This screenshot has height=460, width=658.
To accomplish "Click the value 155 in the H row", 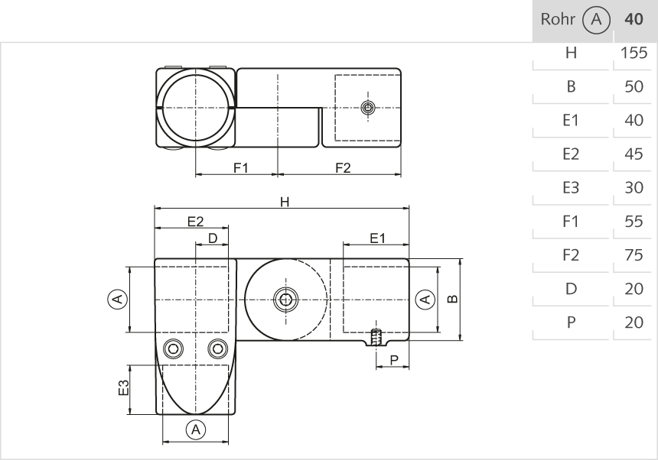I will click(634, 53).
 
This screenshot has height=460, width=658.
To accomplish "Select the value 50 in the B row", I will click(634, 87).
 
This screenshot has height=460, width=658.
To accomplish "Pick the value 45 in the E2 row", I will click(634, 154).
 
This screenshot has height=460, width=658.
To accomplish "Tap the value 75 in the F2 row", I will click(634, 255).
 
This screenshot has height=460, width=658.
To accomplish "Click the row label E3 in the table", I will click(571, 188).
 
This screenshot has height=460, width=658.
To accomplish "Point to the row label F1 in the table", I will click(571, 222).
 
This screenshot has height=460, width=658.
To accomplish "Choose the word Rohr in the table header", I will click(555, 20).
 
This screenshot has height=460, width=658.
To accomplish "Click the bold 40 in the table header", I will click(634, 20).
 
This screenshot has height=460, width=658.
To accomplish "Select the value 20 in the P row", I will click(634, 322).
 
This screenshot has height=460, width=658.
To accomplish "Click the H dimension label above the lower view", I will click(285, 202).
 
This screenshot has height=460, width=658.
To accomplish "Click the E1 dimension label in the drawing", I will click(377, 238).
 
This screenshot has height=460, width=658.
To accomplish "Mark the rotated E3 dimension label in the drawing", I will click(135, 387).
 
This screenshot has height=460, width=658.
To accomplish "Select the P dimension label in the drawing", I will click(393, 360).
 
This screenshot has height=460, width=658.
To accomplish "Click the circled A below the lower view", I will click(196, 429).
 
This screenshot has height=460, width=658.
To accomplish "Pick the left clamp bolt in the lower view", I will click(174, 348).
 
